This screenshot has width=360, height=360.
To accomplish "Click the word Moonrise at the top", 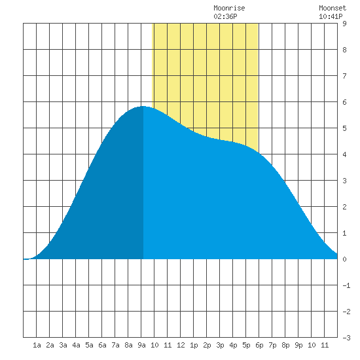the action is click(229, 8).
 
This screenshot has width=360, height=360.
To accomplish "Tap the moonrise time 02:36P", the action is click(225, 16).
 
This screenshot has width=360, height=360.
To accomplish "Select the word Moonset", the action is click(333, 8).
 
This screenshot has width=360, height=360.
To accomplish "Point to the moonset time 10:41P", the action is click(331, 16).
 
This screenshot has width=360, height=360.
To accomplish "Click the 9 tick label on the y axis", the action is click(344, 24).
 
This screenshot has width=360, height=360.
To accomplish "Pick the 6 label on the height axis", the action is click(344, 102).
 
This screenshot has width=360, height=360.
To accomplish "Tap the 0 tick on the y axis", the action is click(344, 259).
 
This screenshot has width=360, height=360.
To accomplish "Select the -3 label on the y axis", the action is click(346, 338).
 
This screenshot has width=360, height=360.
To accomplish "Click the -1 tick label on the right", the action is click(346, 285).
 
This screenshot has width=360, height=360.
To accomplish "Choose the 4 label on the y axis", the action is click(344, 154).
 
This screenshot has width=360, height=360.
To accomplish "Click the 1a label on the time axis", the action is click(37, 345).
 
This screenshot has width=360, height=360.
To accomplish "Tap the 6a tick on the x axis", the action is click(102, 345).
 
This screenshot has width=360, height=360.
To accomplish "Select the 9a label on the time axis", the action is click(141, 345).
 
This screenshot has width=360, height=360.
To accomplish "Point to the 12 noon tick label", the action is click(181, 345).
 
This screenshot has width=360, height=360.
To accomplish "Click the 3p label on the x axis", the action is click(220, 345).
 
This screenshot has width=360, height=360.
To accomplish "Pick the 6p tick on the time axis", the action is click(259, 345).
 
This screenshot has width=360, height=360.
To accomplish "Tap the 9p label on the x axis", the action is click(298, 345).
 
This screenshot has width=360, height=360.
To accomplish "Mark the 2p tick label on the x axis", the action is click(207, 345).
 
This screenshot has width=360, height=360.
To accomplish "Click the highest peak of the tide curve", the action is click(143, 106).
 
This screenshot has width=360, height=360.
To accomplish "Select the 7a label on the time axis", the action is click(115, 345).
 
